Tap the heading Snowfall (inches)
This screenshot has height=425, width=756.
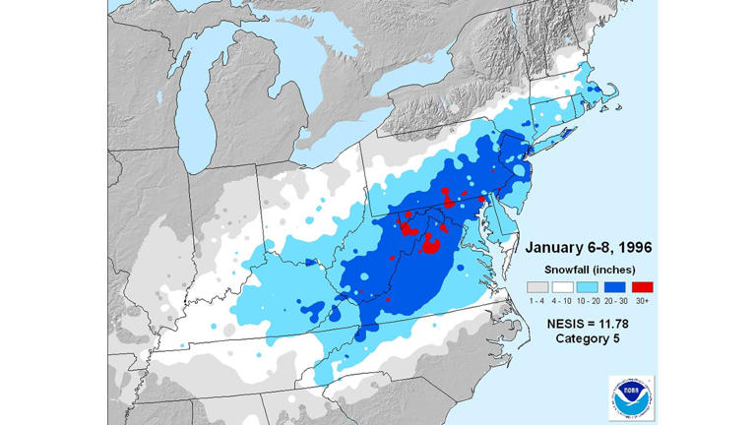590,269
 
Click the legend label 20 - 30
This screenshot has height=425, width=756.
616,297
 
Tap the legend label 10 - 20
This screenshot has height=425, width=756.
589,297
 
